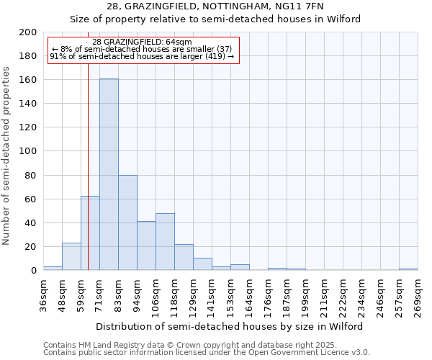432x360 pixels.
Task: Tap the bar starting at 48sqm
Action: point(71,256)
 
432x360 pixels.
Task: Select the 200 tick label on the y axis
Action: point(27,32)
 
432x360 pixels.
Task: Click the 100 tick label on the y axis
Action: point(27,151)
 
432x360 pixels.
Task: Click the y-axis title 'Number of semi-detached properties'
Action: point(7,156)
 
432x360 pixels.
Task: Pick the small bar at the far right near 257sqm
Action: point(408,269)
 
